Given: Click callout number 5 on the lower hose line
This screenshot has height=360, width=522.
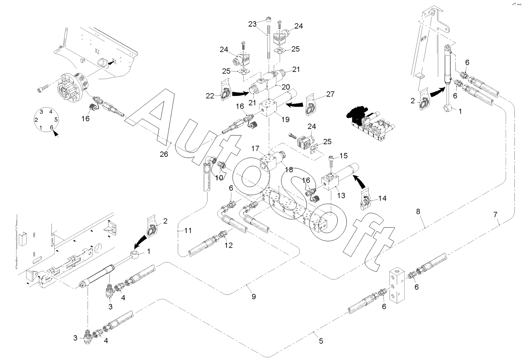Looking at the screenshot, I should click(321, 341).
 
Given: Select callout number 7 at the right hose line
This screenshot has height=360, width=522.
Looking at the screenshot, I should click(495, 215).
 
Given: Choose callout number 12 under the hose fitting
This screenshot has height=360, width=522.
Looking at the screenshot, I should click(228, 245).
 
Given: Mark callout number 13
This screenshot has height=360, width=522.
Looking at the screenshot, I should click(341, 195).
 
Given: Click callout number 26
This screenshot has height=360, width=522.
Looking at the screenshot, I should click(164, 154).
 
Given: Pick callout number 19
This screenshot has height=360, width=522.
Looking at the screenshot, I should click(285, 119).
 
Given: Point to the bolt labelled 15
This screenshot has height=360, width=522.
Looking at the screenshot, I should click(331, 162).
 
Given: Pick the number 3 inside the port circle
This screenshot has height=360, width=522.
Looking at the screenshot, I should click(41, 112).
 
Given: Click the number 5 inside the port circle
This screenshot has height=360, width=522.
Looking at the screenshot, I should click(56, 119).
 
